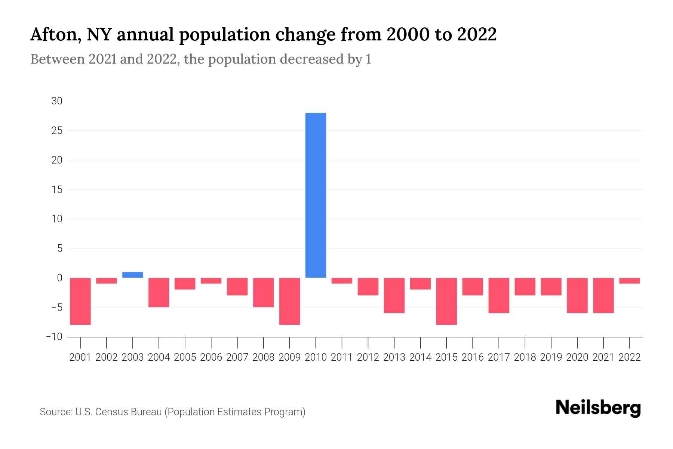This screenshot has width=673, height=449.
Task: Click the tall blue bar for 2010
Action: (316, 195)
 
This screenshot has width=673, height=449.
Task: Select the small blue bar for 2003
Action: (133, 275)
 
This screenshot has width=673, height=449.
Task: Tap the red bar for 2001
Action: (80, 301)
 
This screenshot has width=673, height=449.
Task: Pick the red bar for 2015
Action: (446, 301)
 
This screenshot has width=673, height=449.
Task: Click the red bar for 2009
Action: (289, 301)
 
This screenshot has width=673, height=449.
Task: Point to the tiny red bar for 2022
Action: (630, 281)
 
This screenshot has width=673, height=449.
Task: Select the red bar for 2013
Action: (394, 295)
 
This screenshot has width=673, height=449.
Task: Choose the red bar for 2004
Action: (159, 292)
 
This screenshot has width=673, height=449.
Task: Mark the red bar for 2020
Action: (577, 295)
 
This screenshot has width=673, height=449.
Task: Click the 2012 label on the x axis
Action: (368, 357)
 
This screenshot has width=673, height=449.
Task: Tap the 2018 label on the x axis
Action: (525, 357)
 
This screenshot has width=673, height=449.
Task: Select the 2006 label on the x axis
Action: (211, 357)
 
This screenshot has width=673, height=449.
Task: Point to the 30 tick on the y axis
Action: (57, 101)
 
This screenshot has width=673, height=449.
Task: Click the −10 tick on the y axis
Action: (54, 337)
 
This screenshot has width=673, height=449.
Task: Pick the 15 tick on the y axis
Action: (57, 190)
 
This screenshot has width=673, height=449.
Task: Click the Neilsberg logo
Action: (598, 408)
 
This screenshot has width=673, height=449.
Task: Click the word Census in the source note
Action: (110, 412)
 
